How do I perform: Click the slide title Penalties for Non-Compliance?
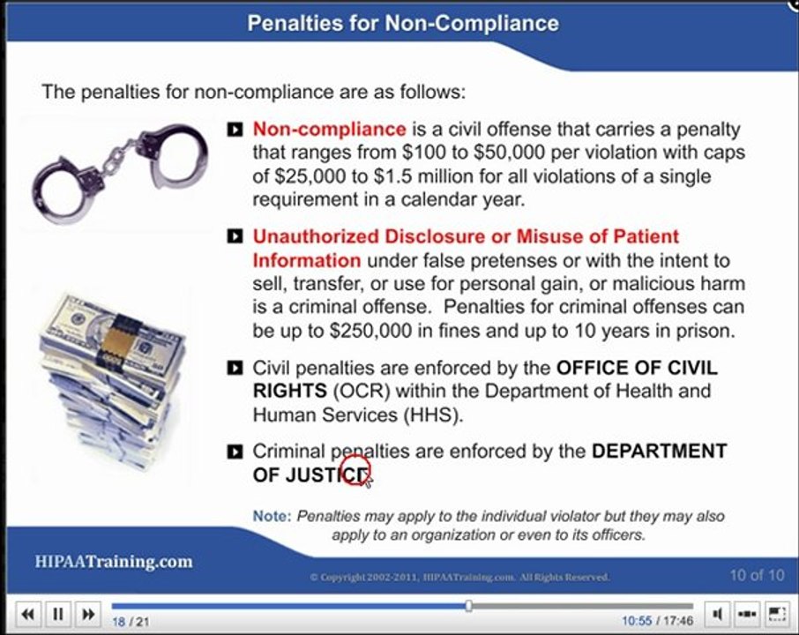402,23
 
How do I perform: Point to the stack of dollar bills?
114,374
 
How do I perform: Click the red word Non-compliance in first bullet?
329,130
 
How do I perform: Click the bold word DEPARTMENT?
659,452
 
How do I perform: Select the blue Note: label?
272,517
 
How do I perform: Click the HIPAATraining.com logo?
114,562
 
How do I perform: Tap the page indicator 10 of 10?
756,576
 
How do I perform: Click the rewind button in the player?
28,614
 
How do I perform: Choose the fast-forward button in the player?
86,614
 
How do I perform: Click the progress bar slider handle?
468,606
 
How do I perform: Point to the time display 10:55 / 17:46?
657,621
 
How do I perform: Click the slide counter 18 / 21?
131,622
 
